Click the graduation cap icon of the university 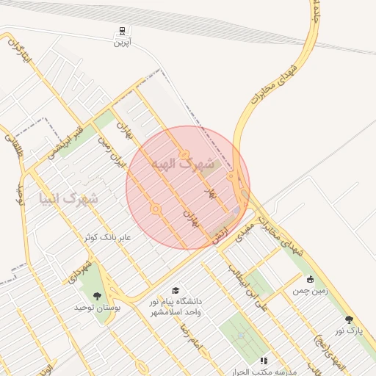[176, 290]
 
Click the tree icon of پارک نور [349, 320]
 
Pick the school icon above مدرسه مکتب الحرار [263, 360]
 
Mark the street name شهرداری [80, 271]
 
